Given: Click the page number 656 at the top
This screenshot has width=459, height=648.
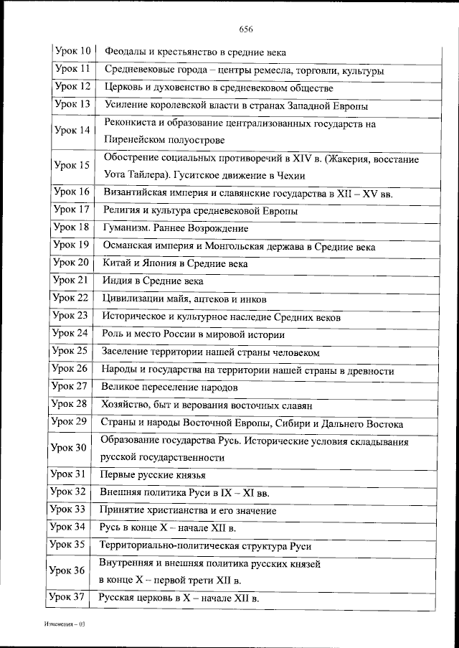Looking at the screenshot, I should (247, 29).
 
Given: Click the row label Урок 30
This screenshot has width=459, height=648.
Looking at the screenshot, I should (70, 448).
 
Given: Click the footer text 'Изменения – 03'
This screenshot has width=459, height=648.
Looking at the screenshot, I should (62, 625).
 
